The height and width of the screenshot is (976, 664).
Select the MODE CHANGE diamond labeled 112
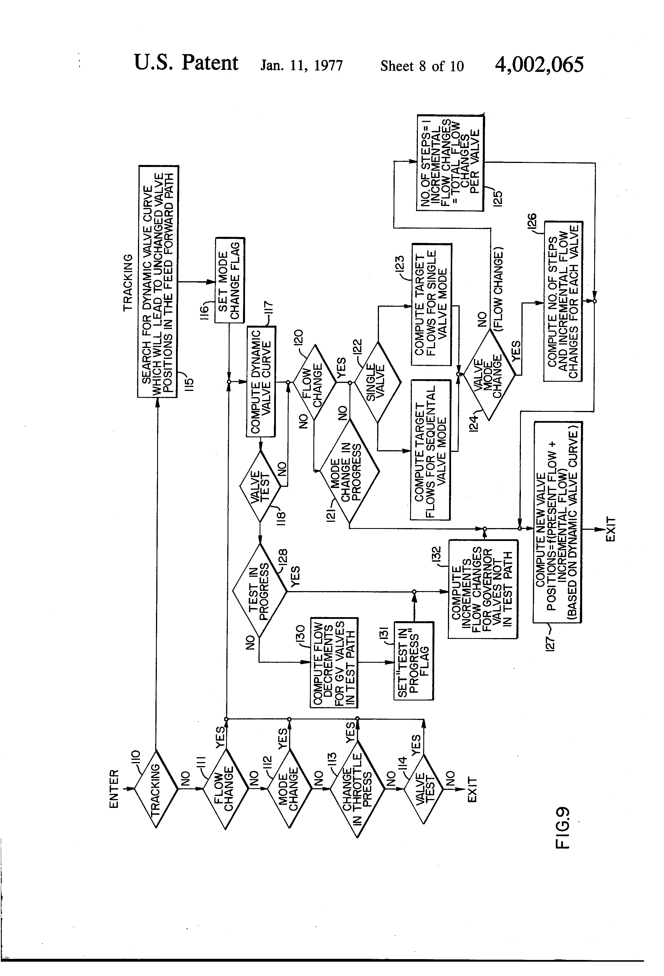click(289, 788)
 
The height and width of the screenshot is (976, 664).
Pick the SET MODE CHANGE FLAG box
click(230, 280)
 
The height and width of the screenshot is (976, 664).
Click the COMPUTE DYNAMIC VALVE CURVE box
click(261, 381)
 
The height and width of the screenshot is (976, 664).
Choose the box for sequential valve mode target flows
click(430, 450)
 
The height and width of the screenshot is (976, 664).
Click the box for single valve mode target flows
click(432, 304)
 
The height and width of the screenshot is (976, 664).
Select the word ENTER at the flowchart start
click(114, 789)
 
